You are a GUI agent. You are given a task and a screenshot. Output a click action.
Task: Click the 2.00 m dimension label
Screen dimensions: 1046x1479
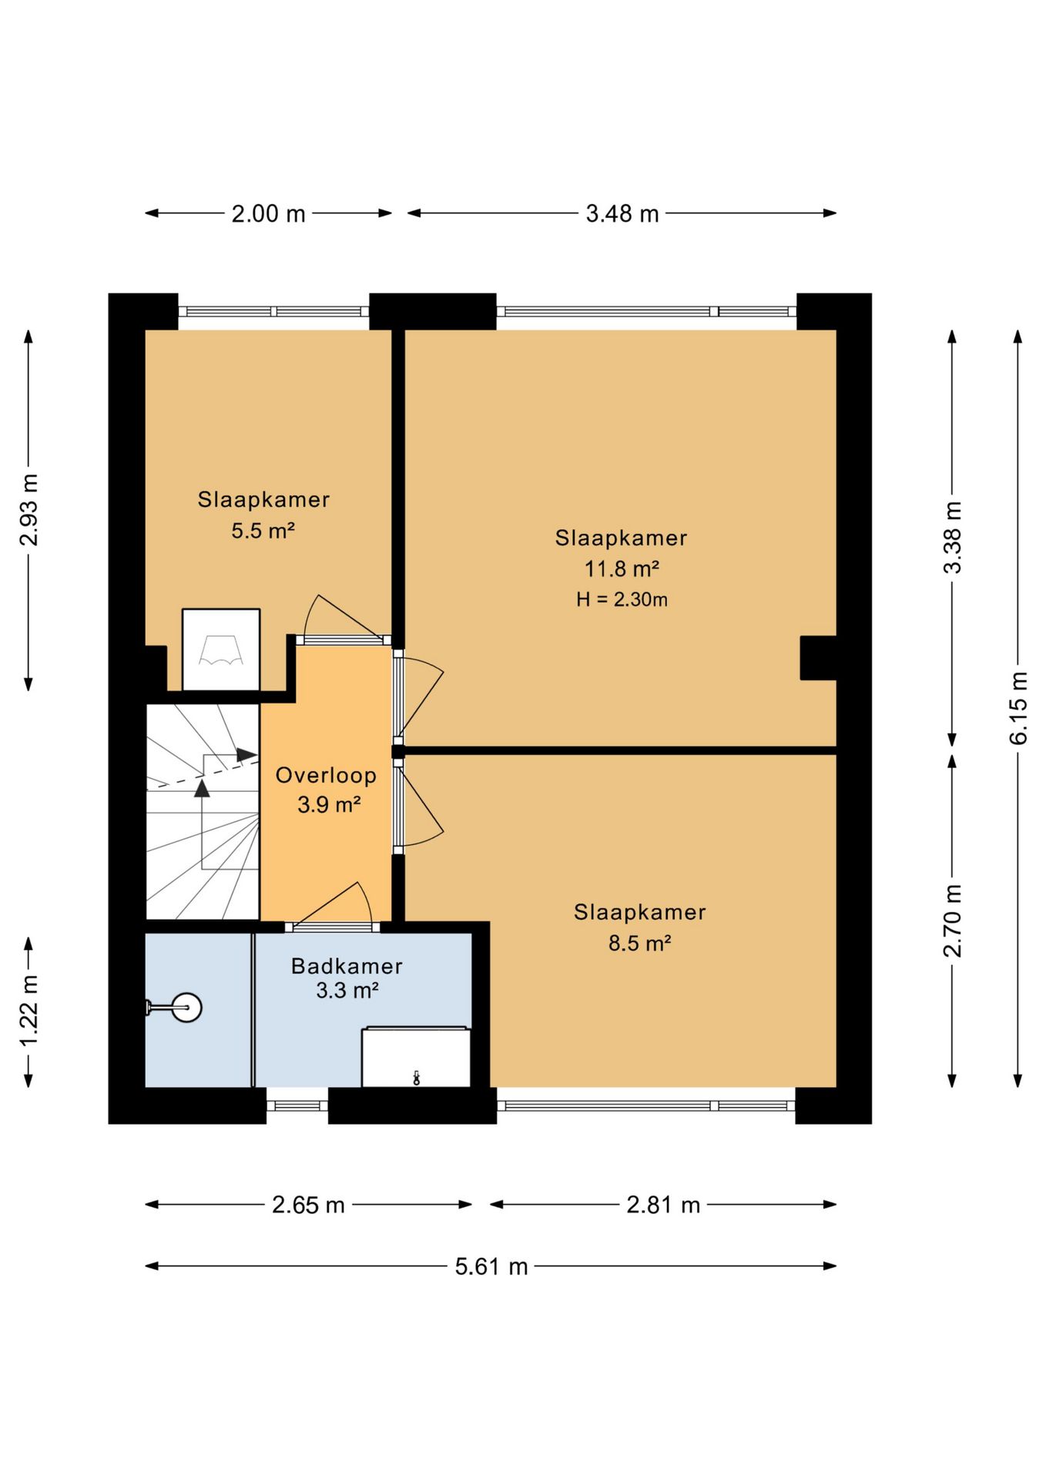click(x=268, y=213)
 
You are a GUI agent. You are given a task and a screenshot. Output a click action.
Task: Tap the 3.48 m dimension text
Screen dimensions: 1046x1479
click(x=622, y=213)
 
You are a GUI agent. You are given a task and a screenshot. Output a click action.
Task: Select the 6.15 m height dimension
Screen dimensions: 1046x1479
click(x=1018, y=708)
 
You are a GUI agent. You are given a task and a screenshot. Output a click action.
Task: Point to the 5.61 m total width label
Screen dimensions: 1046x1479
click(x=491, y=1266)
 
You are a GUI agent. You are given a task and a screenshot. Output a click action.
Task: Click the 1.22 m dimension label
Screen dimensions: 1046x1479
click(x=28, y=1011)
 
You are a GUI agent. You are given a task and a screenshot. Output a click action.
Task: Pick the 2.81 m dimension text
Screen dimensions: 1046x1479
click(x=663, y=1205)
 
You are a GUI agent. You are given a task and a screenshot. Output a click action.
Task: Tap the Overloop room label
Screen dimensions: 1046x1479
click(x=326, y=775)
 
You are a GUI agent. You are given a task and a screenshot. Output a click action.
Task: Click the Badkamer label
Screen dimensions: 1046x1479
click(x=347, y=966)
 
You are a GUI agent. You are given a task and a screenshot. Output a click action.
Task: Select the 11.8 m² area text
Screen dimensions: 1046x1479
click(x=622, y=569)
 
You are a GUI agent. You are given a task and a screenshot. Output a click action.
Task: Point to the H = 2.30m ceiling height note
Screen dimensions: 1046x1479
click(x=622, y=599)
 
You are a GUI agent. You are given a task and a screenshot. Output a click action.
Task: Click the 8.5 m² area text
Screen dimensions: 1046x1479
click(x=639, y=943)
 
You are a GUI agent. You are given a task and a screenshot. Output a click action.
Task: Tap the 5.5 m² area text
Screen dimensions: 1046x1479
click(x=263, y=531)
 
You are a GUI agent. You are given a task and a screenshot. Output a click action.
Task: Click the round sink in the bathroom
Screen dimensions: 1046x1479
click(x=186, y=1007)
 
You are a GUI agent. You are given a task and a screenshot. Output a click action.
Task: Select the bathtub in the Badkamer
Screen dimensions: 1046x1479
click(x=416, y=1057)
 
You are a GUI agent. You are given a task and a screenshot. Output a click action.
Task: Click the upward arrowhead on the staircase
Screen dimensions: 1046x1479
click(x=202, y=788)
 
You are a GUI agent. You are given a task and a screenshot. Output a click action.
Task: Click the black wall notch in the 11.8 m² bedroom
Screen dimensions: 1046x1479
click(x=818, y=658)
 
